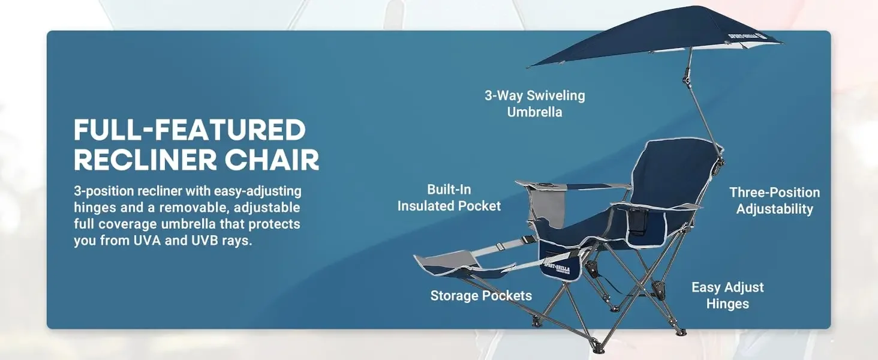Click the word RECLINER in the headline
145,160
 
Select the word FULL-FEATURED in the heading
190,130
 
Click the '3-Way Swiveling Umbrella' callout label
534,104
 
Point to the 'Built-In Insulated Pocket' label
449,197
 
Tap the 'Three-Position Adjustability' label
774,200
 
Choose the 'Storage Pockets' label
481,295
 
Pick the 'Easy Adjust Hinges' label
727,295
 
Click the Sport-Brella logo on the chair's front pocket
557,269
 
